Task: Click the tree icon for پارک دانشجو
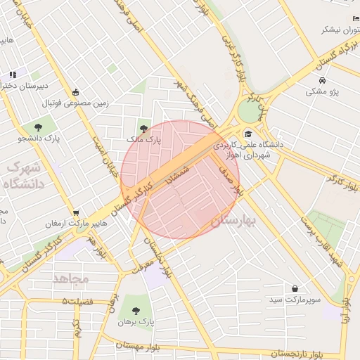[37, 127]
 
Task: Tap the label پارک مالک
[144, 140]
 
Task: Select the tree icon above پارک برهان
[134, 310]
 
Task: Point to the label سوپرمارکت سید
[295, 300]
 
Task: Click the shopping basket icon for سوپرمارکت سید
[295, 288]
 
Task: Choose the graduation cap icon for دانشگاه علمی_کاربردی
[247, 134]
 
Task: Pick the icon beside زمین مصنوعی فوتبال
[76, 92]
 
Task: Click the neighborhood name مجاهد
[71, 278]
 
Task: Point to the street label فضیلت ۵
[77, 301]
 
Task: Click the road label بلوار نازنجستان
[284, 353]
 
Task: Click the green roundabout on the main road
[248, 110]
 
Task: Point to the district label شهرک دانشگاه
[24, 176]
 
